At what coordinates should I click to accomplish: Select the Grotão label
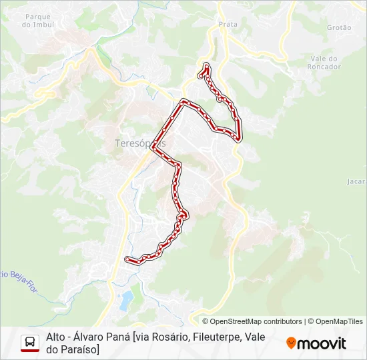(x=339, y=27)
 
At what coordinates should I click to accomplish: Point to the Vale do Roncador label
(x=326, y=63)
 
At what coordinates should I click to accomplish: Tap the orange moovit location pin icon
(x=291, y=343)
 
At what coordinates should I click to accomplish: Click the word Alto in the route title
(x=56, y=337)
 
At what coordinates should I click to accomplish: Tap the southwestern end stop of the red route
(x=127, y=259)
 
